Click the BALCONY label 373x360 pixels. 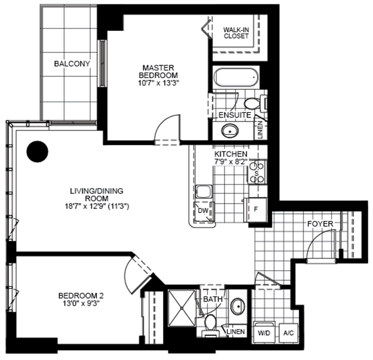72,63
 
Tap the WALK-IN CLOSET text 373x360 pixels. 236,33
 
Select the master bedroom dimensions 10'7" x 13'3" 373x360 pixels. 158,83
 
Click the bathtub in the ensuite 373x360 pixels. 236,77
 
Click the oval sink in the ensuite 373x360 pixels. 230,130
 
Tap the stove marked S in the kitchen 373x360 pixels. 257,172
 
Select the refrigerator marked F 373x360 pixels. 256,210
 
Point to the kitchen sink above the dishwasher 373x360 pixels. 203,192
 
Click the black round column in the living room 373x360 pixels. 37,151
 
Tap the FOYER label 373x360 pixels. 320,224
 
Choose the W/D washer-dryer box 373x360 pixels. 264,333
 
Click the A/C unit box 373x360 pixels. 288,333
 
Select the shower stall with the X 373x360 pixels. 182,308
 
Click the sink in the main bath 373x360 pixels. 238,307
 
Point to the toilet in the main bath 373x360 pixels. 210,325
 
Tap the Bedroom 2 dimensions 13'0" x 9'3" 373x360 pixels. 81,303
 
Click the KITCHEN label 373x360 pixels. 231,154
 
